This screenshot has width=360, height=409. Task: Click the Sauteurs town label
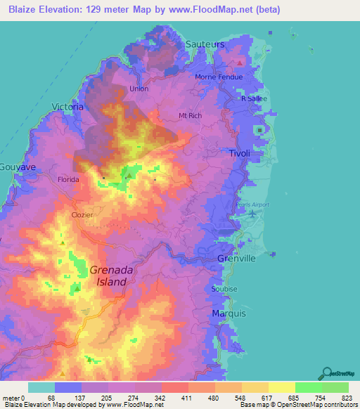coord(205,44)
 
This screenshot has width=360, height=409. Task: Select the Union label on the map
coord(139,89)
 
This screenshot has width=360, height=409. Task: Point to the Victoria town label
coord(67,107)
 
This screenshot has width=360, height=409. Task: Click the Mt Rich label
coord(191,115)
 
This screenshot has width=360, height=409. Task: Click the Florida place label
coord(68,179)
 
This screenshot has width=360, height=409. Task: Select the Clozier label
coord(82,215)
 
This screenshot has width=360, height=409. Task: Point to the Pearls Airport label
coord(253,204)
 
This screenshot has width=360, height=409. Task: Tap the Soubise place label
coord(222,289)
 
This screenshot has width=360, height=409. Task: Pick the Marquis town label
coord(228,313)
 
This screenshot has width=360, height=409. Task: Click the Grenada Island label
coord(108,275)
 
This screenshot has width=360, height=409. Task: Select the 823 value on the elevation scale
coord(347,397)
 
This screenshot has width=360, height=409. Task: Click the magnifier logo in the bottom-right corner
coord(327,372)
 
